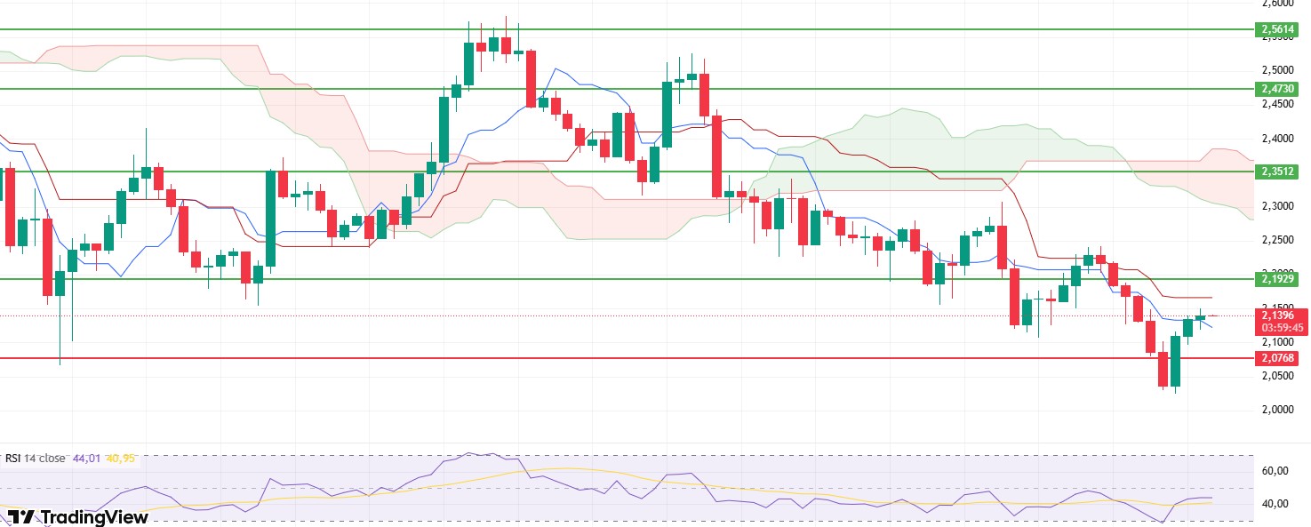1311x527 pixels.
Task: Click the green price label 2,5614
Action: pyautogui.click(x=1279, y=29)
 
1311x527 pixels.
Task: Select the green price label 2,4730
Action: pyautogui.click(x=1279, y=89)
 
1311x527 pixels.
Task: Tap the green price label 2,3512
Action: pyautogui.click(x=1279, y=172)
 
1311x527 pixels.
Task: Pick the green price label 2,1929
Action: pyautogui.click(x=1279, y=279)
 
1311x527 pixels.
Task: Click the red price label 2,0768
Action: pyautogui.click(x=1279, y=358)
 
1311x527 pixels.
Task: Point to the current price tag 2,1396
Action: pyautogui.click(x=1279, y=315)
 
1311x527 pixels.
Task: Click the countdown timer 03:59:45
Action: pyautogui.click(x=1279, y=328)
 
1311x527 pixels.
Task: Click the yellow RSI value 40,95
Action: pyautogui.click(x=120, y=459)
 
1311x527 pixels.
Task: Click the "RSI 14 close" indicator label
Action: pyautogui.click(x=36, y=459)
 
